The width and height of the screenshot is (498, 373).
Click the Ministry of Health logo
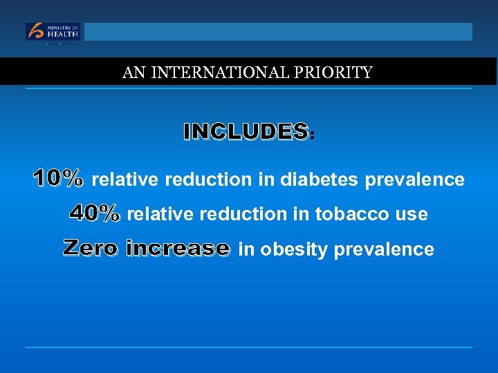click(53, 32)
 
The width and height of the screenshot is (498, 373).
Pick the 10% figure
click(58, 178)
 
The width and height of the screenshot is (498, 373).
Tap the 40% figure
click(95, 213)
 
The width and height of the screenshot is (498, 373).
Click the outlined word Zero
click(91, 247)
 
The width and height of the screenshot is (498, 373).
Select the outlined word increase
click(178, 247)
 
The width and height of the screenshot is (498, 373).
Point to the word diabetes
click(319, 180)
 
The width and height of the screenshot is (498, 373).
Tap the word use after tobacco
click(413, 215)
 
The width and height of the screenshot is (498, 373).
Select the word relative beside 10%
click(125, 180)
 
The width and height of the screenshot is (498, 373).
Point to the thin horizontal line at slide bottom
click(249, 347)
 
